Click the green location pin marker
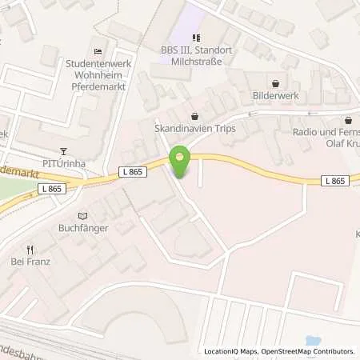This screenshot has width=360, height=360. tap(180, 162)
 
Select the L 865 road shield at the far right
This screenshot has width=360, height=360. tap(336, 182)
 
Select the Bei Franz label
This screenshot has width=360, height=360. tap(31, 261)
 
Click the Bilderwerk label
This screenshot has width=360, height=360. tap(276, 95)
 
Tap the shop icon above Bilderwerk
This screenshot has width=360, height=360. tap(276, 82)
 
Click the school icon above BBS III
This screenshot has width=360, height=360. tap(194, 36)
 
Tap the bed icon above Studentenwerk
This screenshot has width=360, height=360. tap(98, 50)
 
